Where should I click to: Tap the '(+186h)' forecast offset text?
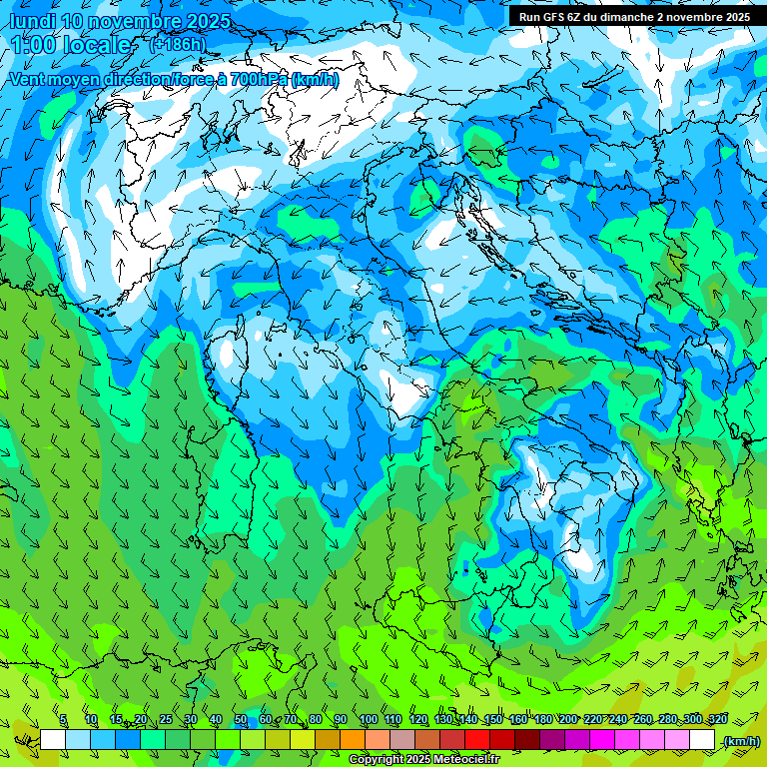point(177,44)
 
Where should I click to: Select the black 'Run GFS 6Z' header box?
point(634,16)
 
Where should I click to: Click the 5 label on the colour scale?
point(63,719)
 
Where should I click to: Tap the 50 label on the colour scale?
point(241,719)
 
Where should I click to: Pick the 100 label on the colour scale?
point(368,719)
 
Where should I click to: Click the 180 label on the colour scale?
point(542,719)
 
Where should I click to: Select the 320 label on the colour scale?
point(717,719)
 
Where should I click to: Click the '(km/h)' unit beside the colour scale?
point(741,740)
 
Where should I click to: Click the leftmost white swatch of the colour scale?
point(53,739)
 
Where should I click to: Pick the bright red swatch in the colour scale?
point(477,739)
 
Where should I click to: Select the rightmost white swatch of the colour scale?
point(702,739)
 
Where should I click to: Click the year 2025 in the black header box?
point(737,16)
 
